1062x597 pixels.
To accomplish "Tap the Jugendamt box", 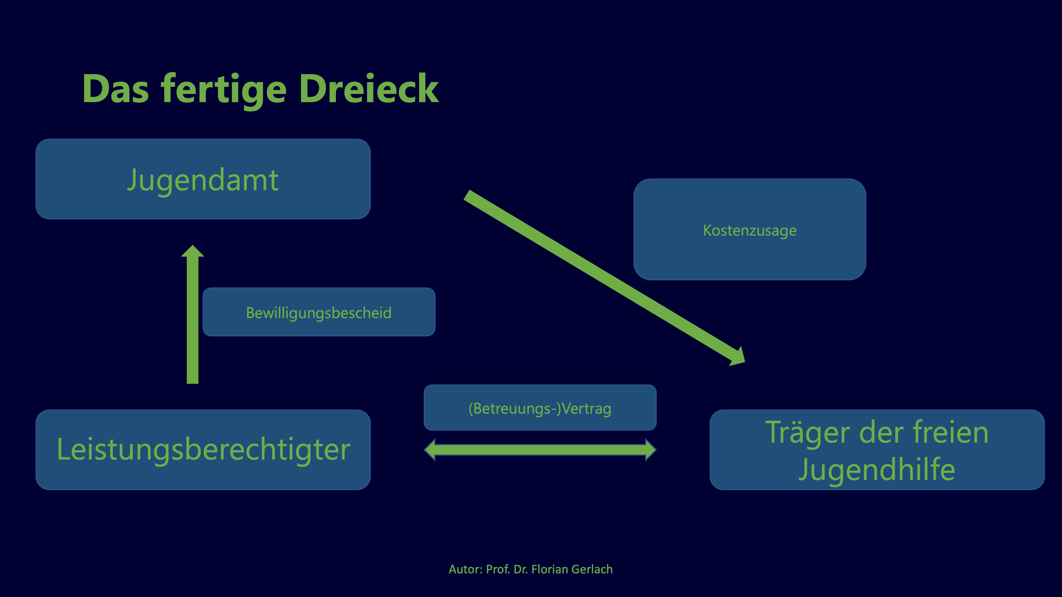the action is click(x=203, y=179).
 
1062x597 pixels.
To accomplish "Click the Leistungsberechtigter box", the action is click(x=203, y=449).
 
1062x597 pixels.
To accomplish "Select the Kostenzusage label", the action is click(x=750, y=230).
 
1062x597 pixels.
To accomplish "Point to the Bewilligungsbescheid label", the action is click(x=319, y=313).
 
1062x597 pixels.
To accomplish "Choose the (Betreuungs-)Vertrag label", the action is click(x=540, y=408).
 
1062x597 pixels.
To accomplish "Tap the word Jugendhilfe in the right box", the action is click(x=877, y=469).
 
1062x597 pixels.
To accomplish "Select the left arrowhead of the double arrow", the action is click(x=430, y=449).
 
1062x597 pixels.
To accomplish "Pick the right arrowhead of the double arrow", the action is click(x=650, y=449).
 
